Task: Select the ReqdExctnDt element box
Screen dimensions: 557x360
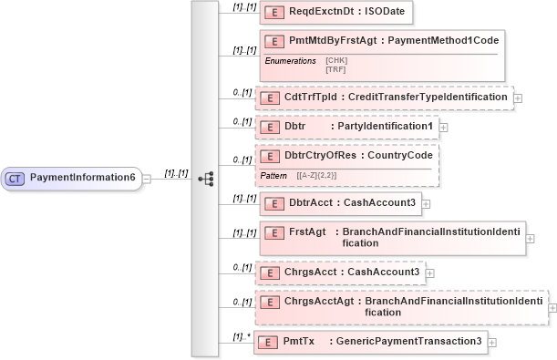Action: point(337,12)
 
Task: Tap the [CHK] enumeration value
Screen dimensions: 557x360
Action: point(336,60)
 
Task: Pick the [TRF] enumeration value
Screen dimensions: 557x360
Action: point(336,68)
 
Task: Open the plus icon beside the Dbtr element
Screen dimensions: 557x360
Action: point(444,126)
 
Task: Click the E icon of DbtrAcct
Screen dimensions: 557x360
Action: point(271,203)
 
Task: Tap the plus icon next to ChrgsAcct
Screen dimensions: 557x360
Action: point(430,272)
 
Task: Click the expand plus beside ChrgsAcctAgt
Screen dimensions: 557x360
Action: point(552,305)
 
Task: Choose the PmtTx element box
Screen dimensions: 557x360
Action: point(370,342)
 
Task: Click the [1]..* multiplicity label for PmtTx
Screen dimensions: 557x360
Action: point(242,335)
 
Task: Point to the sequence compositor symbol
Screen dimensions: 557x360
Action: point(204,178)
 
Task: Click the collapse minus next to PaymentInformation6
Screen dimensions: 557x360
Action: point(147,178)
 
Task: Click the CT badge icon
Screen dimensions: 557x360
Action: point(15,177)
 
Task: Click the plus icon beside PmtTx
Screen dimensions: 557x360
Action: point(492,342)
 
